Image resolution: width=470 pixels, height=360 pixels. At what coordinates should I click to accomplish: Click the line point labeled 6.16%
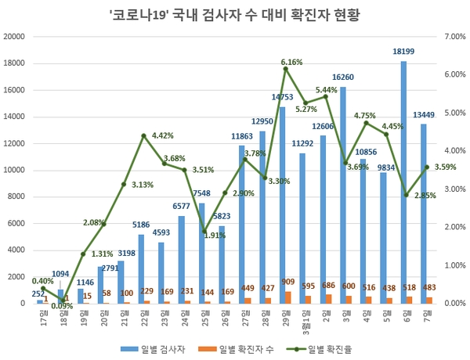coord(286,69)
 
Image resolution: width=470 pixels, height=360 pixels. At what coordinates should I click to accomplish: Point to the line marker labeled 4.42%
coord(144,135)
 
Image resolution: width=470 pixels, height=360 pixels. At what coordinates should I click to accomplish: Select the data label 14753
coord(283,97)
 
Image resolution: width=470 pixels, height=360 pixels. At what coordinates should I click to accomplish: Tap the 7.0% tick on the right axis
coord(454,37)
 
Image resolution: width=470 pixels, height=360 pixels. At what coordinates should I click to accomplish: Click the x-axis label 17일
coord(41,316)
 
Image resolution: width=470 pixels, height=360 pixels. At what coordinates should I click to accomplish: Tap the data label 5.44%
coord(327,90)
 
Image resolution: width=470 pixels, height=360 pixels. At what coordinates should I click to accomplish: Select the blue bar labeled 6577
coord(181,259)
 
